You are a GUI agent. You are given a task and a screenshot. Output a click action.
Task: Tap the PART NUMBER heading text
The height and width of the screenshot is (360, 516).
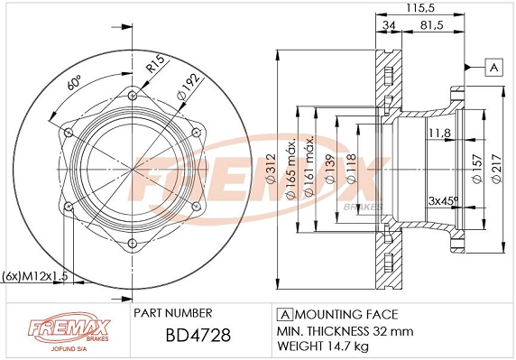tap(172, 313)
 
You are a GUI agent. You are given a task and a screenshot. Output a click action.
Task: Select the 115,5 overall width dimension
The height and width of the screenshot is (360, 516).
tap(414, 7)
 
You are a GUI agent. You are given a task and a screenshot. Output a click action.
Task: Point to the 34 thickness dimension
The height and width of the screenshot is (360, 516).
tap(387, 24)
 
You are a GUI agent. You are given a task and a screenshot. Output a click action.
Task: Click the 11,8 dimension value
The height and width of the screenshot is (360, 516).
tap(439, 134)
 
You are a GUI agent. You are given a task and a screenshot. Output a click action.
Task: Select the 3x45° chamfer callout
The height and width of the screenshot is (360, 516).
tap(444, 200)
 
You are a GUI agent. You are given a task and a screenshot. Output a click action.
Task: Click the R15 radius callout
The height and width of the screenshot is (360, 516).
tap(154, 64)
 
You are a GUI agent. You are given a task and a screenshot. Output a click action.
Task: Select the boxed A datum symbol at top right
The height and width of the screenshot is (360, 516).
tap(493, 67)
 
